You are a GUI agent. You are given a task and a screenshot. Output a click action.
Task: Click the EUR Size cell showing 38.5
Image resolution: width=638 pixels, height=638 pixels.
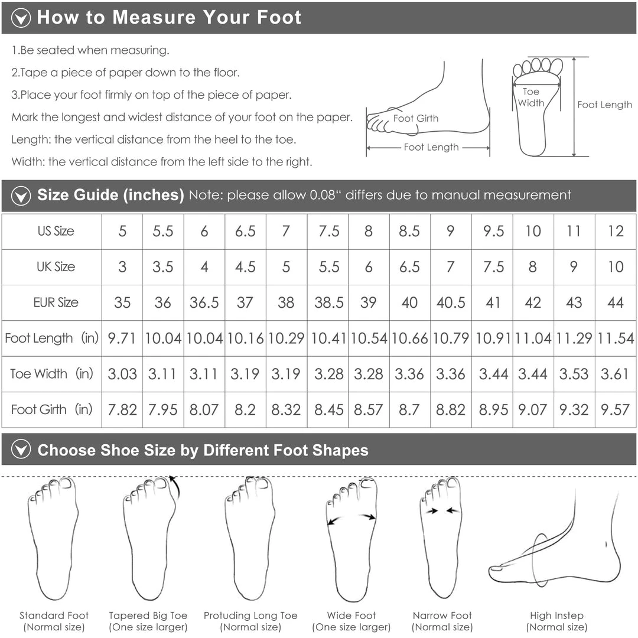(329, 302)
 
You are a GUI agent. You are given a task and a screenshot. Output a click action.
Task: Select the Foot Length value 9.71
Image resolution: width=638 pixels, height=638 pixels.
(122, 338)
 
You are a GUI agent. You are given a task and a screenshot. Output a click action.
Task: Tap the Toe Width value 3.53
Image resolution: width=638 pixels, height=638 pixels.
(574, 374)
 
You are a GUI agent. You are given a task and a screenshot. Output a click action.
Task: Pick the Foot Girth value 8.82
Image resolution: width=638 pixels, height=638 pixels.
(450, 410)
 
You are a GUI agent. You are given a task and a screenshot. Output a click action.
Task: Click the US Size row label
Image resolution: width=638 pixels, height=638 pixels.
(56, 231)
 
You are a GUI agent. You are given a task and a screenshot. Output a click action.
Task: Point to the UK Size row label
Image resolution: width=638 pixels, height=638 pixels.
(56, 267)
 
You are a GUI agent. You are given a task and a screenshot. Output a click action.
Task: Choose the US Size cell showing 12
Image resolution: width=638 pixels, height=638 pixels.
(615, 231)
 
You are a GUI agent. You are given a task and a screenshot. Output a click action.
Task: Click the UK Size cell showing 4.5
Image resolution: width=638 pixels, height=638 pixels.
(245, 267)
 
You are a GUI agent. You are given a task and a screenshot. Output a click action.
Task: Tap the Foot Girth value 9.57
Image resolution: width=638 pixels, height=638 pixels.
(615, 410)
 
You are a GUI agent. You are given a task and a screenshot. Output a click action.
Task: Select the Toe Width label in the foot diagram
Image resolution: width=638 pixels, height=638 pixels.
(531, 97)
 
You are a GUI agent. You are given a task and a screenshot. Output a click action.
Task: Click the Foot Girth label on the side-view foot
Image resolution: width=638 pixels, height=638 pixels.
(416, 118)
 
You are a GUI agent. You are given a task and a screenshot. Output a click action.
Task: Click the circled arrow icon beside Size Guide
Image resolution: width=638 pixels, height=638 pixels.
(21, 196)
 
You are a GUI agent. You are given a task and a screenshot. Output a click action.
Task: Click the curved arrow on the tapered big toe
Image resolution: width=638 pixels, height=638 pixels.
(176, 487)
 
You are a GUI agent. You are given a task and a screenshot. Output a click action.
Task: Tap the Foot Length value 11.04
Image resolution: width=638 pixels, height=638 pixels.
(533, 338)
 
